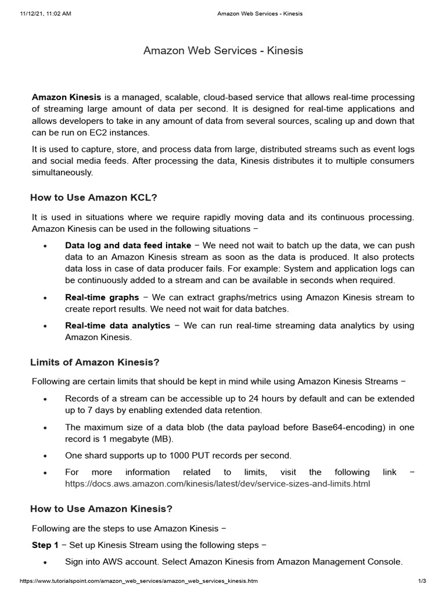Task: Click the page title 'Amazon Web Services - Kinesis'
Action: coord(223,51)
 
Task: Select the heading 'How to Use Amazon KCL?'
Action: coord(93,198)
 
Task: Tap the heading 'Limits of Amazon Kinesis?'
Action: coord(95,363)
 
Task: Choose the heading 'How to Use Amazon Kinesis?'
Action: coord(101,509)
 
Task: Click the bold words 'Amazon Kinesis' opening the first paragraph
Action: coord(67,96)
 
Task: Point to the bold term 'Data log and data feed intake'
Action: coord(128,246)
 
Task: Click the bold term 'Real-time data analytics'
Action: coord(117,326)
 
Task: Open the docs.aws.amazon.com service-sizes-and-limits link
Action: coord(217,483)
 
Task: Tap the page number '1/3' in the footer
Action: coord(422,581)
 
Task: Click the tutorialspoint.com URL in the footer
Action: coord(139,581)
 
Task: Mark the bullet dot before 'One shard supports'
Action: coord(45,456)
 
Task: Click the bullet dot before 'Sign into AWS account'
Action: coord(45,562)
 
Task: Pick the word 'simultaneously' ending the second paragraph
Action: coord(62,173)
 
